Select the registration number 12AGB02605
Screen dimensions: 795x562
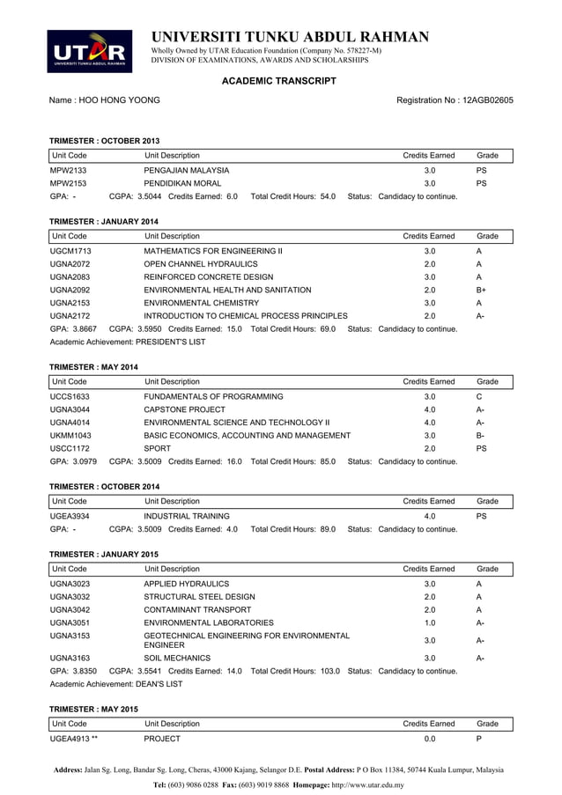484,100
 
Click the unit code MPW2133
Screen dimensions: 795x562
68,170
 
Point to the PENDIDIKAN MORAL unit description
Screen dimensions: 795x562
183,183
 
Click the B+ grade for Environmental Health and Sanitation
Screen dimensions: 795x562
481,290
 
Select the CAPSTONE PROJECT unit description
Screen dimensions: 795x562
184,409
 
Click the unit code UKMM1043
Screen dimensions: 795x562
70,435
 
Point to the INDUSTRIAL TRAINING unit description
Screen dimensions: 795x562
187,516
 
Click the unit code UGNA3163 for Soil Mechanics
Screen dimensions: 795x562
70,657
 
